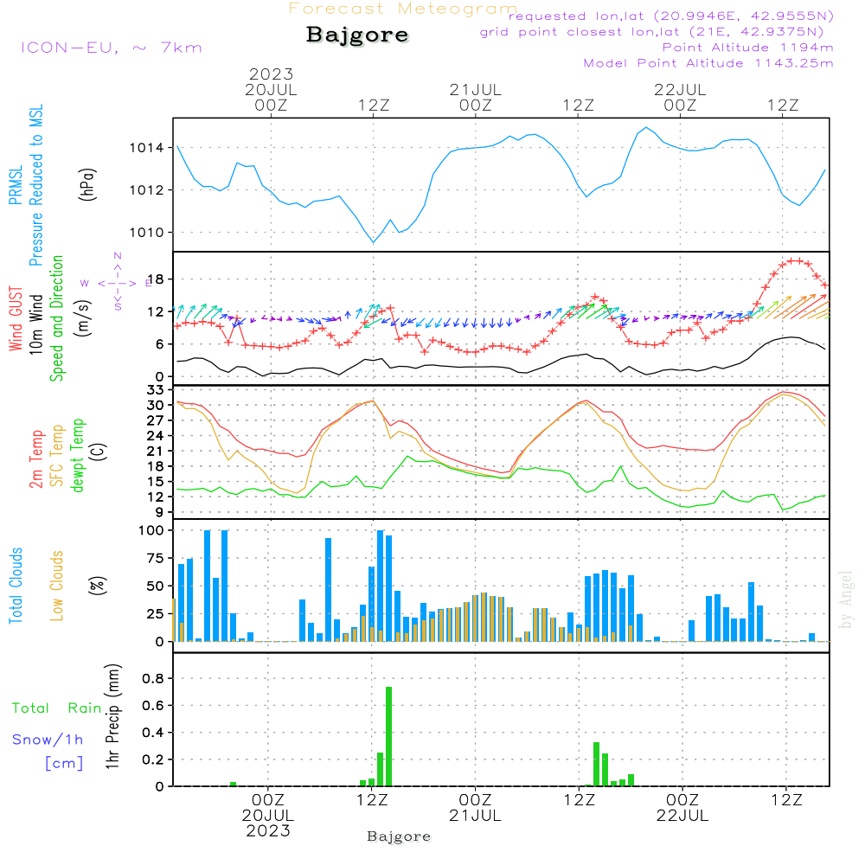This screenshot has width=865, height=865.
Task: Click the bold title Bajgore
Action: pos(356,35)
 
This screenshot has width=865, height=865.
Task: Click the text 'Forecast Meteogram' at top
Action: pos(403,9)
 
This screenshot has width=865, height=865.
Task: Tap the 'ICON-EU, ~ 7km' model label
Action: pos(111,47)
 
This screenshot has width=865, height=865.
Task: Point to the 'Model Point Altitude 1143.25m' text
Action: pos(708,63)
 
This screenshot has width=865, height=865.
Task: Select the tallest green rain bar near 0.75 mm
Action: pos(388,735)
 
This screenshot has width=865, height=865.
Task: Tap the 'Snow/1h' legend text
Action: pos(48,740)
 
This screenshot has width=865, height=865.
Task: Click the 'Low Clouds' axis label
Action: pos(57,586)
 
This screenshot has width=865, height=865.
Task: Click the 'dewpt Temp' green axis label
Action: pos(78,457)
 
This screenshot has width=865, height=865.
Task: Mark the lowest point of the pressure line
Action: pos(373,242)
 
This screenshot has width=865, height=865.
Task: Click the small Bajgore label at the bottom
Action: pos(399,836)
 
